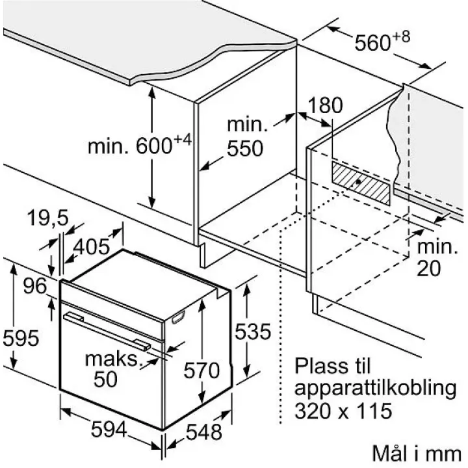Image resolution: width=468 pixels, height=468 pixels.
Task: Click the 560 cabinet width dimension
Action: tap(382, 41)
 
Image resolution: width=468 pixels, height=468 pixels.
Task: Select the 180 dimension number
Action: tap(325, 105)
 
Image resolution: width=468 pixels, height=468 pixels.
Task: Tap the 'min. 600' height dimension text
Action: tap(139, 144)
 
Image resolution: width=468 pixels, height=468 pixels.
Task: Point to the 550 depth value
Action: tap(245, 148)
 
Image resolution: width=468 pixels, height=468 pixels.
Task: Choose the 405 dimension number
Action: tap(92, 247)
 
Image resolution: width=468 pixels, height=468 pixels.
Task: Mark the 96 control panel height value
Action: tap(35, 286)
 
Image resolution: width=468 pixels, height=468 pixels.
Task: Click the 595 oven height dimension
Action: tap(21, 338)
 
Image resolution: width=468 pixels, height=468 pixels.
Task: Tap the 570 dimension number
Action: tap(201, 370)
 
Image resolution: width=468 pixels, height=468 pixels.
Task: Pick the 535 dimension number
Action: tap(252, 331)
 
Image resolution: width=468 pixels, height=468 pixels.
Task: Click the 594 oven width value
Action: tap(109, 430)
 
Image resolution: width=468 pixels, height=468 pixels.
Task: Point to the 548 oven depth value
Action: tap(204, 432)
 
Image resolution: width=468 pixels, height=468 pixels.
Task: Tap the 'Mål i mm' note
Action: tap(417, 454)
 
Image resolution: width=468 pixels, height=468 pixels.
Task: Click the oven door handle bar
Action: tap(107, 330)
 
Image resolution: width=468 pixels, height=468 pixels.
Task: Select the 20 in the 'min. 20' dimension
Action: tap(428, 268)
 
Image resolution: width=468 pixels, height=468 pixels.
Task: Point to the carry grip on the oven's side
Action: tap(178, 317)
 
